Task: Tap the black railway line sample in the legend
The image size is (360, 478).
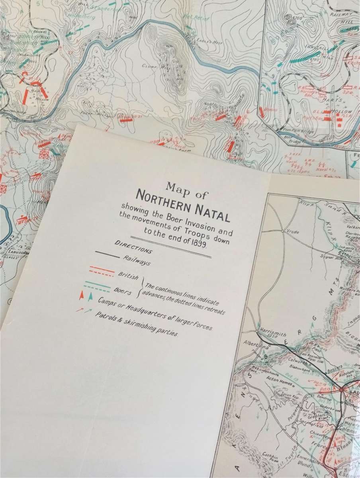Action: [x=107, y=255]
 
